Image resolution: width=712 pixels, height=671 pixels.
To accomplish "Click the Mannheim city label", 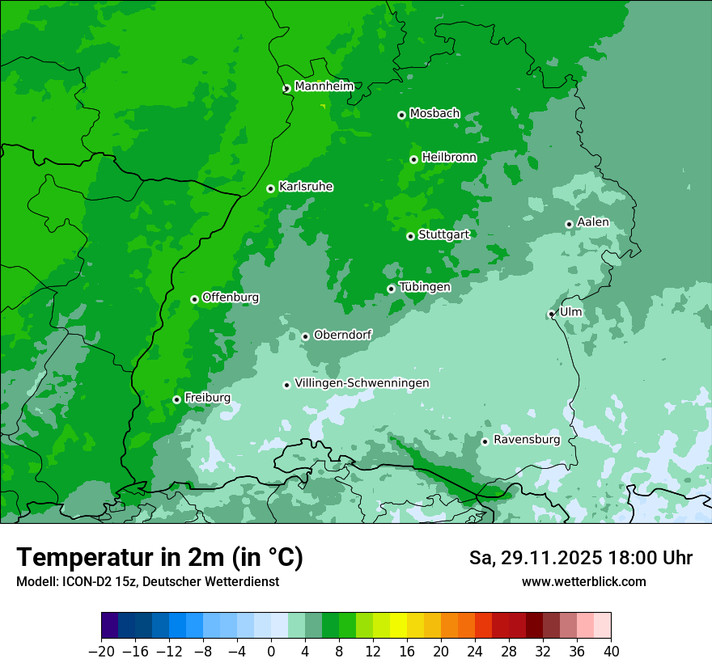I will point(324,86).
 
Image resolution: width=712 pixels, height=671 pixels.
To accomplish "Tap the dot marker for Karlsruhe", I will point(271,188).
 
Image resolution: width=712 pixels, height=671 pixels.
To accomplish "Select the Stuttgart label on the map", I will point(443,234).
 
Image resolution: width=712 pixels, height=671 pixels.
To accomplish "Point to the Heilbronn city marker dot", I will point(413,159).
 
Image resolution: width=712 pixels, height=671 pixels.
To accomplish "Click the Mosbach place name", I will point(434,113).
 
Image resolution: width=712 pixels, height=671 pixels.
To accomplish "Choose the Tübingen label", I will point(425,287).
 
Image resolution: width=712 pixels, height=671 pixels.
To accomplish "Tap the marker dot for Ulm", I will point(552,314).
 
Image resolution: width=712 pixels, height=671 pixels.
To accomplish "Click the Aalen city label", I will point(593,222).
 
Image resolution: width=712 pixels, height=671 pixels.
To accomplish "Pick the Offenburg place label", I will point(231,298).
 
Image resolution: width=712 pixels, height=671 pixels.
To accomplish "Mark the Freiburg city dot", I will point(176,399).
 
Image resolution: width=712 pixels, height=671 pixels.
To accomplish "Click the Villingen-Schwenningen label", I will point(362,383).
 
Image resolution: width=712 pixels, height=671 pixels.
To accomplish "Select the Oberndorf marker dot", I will point(305,336).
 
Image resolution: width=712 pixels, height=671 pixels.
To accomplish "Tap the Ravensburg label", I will point(527,440).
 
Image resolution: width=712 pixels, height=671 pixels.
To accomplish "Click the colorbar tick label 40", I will point(611,652).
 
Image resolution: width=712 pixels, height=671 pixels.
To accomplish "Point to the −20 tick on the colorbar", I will point(101,652).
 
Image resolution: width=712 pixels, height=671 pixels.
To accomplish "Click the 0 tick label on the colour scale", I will point(271,652).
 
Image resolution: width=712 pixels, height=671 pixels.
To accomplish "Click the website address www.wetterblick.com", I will point(584,581).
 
